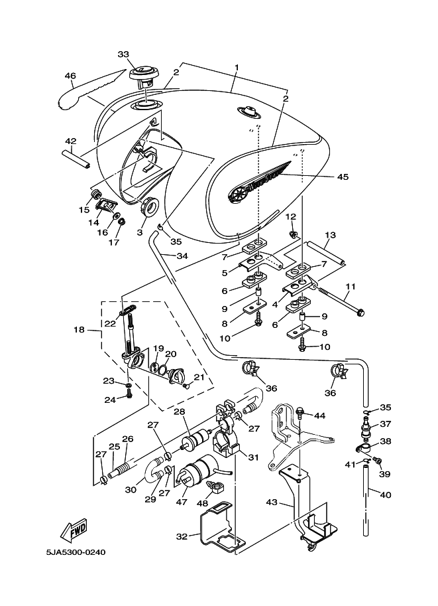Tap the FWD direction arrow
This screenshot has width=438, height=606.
click(x=74, y=530)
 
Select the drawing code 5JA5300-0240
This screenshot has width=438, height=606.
click(x=76, y=552)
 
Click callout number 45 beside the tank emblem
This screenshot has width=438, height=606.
click(x=343, y=177)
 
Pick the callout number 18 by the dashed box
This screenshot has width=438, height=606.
click(x=79, y=330)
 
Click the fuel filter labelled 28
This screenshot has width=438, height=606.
click(x=196, y=439)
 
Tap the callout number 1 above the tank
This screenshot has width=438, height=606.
click(x=237, y=67)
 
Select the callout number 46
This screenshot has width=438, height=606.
click(x=70, y=76)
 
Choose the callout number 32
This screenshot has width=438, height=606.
click(x=182, y=536)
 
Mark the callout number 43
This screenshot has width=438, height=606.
click(x=272, y=502)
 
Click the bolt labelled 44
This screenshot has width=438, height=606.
click(x=299, y=414)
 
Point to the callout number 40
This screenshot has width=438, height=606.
click(x=386, y=494)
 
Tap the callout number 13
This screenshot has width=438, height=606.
click(x=331, y=235)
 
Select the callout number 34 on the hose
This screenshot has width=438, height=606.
click(x=182, y=256)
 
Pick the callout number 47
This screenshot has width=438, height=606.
click(x=182, y=502)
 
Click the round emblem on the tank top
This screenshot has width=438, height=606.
click(x=250, y=112)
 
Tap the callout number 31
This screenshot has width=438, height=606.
click(x=253, y=457)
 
